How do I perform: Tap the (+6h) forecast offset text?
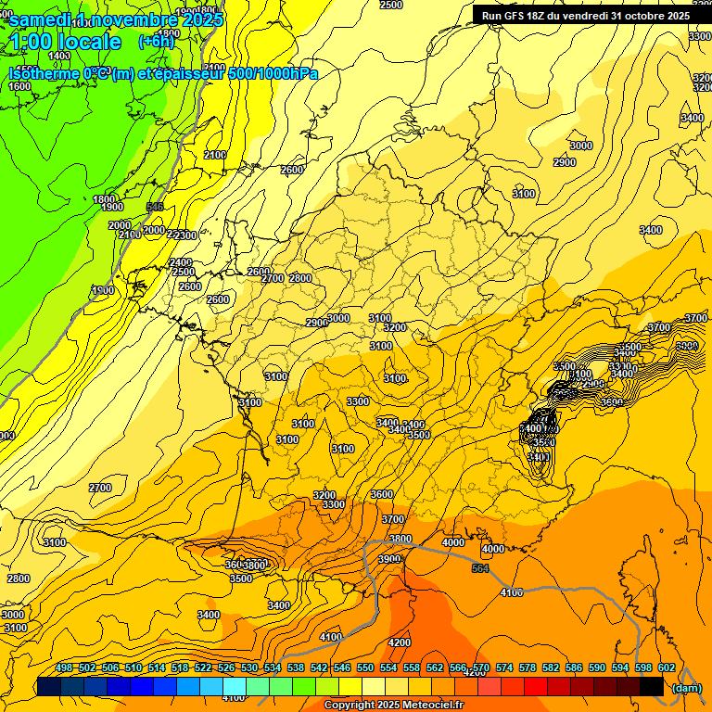tap(155, 42)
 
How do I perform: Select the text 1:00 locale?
tap(65, 42)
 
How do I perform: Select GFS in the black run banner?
tap(519, 16)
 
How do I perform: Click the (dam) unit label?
tap(687, 687)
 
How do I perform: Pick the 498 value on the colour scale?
tap(64, 668)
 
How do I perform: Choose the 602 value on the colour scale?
tap(667, 668)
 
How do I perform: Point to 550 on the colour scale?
tap(365, 668)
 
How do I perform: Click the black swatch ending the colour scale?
tap(652, 686)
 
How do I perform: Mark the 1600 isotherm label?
tap(19, 86)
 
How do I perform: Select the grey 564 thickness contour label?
tap(479, 568)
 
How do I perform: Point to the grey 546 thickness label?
tap(155, 207)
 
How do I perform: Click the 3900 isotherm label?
tap(389, 559)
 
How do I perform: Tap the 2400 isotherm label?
tap(181, 262)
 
